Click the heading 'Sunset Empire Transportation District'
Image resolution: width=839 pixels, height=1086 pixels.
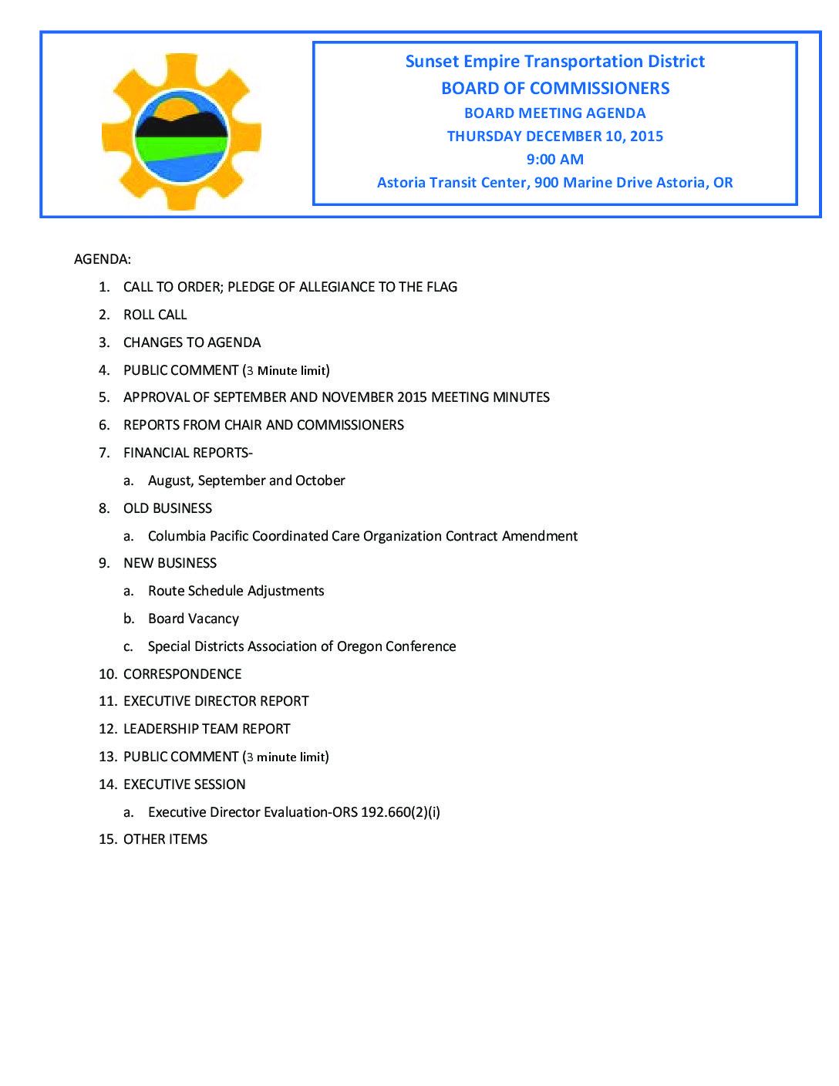554,62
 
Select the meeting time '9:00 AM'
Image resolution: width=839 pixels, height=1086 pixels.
554,160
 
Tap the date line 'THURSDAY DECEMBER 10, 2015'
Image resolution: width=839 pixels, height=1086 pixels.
554,137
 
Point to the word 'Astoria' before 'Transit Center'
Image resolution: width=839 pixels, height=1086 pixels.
401,183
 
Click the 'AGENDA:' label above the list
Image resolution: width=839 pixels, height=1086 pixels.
103,259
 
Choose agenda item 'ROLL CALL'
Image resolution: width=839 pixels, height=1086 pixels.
155,315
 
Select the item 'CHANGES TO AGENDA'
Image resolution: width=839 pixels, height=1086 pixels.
192,342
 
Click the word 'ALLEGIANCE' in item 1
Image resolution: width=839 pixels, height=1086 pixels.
335,287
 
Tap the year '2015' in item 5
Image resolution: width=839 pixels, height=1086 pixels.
412,397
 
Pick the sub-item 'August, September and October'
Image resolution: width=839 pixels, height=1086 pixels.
246,481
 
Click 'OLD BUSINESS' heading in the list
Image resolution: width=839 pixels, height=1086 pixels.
167,508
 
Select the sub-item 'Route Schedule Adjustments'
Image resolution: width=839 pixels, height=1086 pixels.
236,591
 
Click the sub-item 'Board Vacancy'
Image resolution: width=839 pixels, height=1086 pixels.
194,619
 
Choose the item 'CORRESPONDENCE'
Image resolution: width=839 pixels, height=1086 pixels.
182,674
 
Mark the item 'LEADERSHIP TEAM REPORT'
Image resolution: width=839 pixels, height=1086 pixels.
207,729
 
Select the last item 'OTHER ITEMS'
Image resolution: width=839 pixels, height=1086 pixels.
165,839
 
